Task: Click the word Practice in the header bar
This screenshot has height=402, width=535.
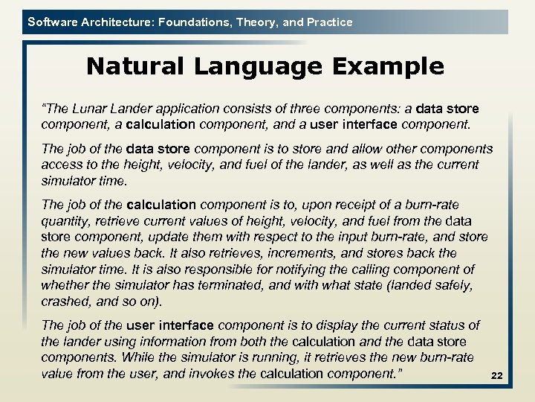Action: tap(328, 22)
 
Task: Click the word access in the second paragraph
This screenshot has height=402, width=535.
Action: tap(62, 164)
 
